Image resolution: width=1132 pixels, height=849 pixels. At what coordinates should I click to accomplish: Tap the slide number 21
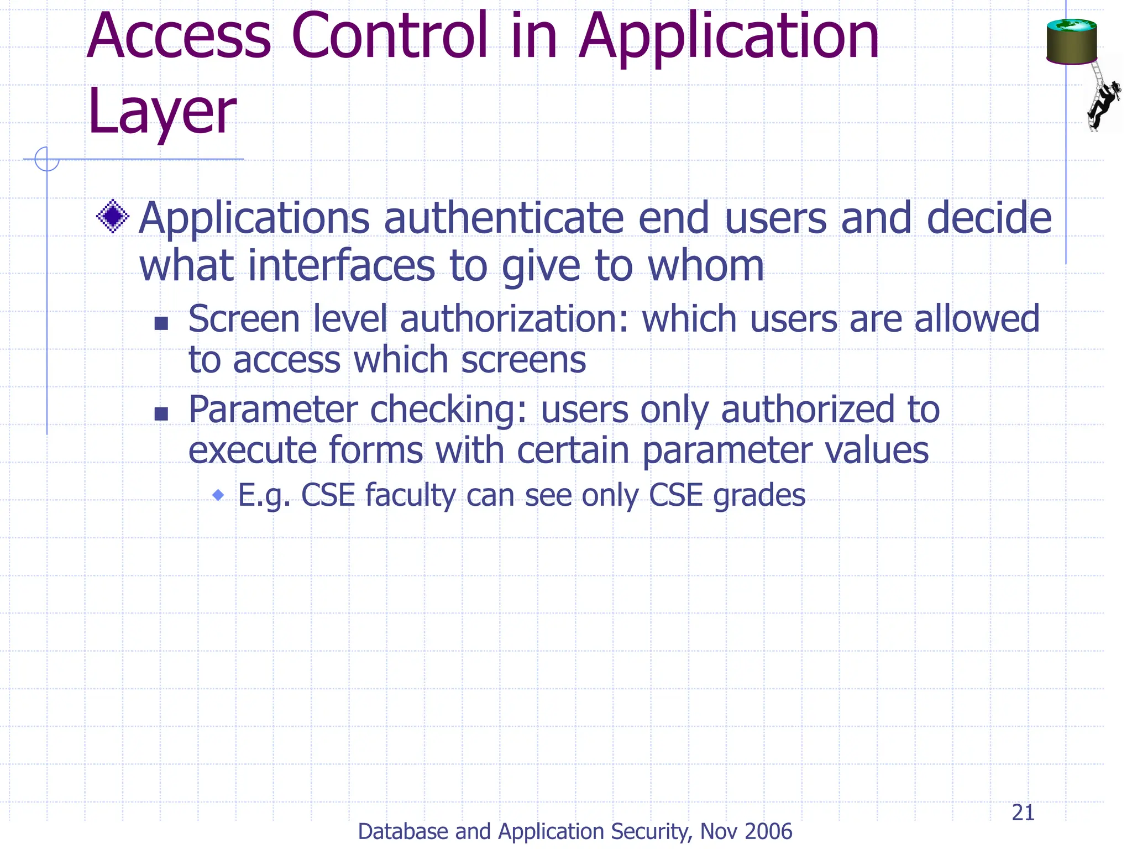click(1023, 813)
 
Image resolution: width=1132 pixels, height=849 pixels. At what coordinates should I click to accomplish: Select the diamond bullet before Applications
click(113, 217)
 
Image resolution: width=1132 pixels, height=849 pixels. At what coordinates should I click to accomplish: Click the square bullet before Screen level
click(161, 323)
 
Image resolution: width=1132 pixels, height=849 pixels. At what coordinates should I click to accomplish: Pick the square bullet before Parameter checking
click(161, 413)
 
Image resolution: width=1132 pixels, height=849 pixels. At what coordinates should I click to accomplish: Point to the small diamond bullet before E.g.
click(218, 495)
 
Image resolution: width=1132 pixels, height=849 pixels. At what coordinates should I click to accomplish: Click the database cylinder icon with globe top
click(1071, 42)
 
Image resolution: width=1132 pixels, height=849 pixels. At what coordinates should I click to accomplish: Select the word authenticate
click(504, 219)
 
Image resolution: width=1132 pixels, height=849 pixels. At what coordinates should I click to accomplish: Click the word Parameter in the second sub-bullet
click(273, 410)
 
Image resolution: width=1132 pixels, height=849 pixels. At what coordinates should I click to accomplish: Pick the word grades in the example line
click(759, 495)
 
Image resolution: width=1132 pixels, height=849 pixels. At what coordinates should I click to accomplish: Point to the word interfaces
click(342, 266)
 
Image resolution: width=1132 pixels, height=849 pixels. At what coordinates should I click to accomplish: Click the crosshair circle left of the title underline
click(47, 159)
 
